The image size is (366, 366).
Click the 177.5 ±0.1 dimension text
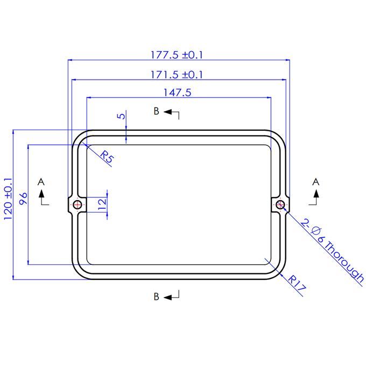(x=177, y=55)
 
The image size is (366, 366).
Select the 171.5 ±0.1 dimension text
(x=177, y=74)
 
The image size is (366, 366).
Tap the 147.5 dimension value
(x=177, y=93)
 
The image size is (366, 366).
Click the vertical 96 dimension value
(x=23, y=199)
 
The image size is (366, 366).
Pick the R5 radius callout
(x=107, y=158)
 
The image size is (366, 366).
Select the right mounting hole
(x=280, y=204)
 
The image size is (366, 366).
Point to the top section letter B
(x=156, y=111)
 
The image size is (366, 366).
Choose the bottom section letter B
(x=156, y=297)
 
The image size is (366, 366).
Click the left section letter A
(x=41, y=181)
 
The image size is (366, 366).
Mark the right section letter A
(x=316, y=181)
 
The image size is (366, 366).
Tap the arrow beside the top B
(x=172, y=113)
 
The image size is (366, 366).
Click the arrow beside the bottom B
(x=172, y=296)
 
